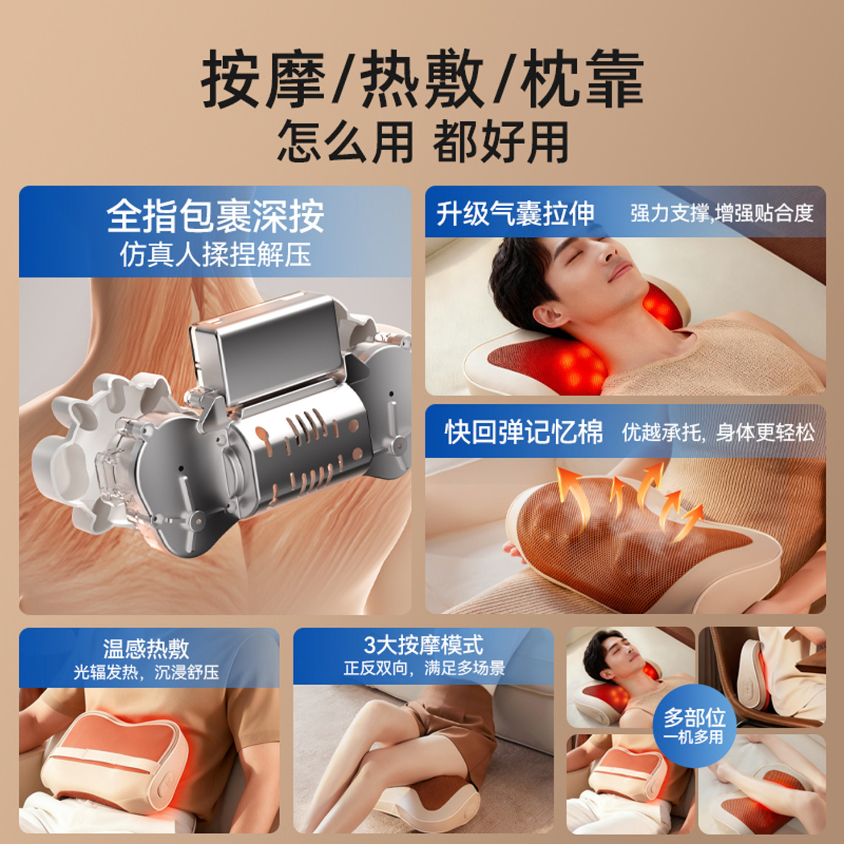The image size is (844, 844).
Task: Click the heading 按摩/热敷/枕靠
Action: [x=422, y=79]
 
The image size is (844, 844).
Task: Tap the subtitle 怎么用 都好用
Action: [x=422, y=142]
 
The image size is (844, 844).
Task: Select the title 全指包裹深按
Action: [x=215, y=216]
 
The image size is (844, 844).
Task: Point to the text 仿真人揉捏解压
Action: [x=215, y=255]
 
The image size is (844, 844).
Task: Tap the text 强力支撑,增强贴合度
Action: [x=722, y=213]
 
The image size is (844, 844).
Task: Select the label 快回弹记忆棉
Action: [x=523, y=433]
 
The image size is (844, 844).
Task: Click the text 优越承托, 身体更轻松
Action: [x=717, y=433]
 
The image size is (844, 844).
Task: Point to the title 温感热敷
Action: [x=146, y=648]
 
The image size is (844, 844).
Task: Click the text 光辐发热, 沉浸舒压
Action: [x=146, y=672]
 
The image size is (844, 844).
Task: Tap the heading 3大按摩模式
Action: [x=423, y=645]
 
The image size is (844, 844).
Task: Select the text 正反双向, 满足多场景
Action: [x=423, y=668]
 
